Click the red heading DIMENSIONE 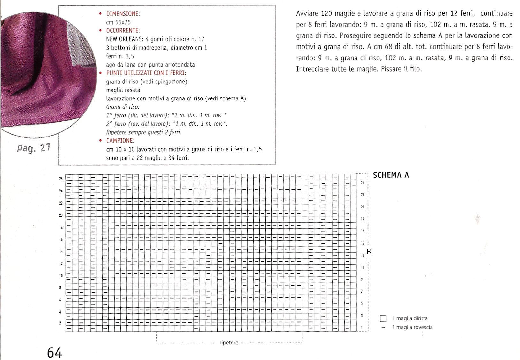[x=123, y=14]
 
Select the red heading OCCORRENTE [x=123, y=31]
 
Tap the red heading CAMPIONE [x=120, y=141]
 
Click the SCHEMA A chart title [x=391, y=175]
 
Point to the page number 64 [x=54, y=353]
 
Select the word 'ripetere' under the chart [x=229, y=343]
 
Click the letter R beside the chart [x=369, y=252]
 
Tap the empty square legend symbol [x=383, y=318]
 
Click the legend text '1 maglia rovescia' [x=412, y=327]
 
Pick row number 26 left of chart [x=61, y=179]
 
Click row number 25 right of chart [x=363, y=183]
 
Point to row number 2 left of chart [x=60, y=323]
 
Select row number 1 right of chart [x=362, y=328]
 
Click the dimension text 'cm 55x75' [x=118, y=22]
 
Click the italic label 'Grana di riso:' [x=123, y=107]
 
